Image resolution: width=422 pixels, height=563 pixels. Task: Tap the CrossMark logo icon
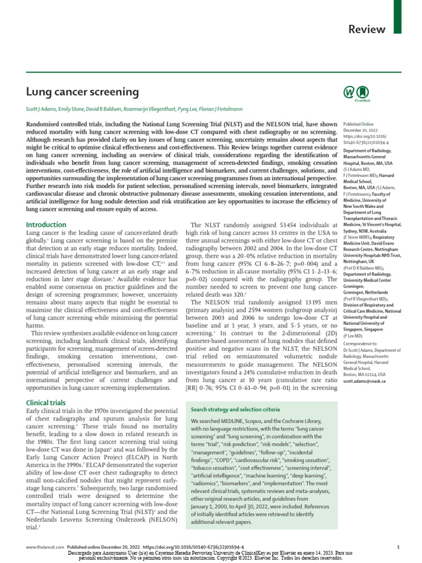coord(356,93)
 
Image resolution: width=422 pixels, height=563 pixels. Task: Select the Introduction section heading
coord(46,225)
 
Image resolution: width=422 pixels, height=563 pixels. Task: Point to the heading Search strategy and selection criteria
coord(235,410)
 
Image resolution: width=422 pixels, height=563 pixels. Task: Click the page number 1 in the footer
coord(398,548)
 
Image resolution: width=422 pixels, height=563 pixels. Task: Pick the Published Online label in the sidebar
coord(358,109)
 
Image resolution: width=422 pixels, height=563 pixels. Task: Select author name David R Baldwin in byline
coord(112,109)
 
